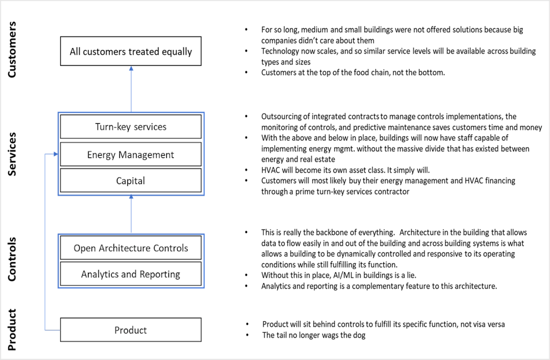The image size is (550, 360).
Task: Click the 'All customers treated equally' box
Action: tap(131, 52)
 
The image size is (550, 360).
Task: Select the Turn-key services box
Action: tap(131, 126)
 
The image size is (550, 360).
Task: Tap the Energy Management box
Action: tap(131, 155)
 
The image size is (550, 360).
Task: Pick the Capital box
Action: tap(131, 181)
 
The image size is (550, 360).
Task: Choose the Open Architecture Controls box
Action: tap(131, 248)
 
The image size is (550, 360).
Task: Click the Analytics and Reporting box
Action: tap(131, 274)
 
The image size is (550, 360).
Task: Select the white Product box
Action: tap(131, 330)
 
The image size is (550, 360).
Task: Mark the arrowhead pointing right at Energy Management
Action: tap(55, 154)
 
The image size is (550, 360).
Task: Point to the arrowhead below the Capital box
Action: tap(131, 199)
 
